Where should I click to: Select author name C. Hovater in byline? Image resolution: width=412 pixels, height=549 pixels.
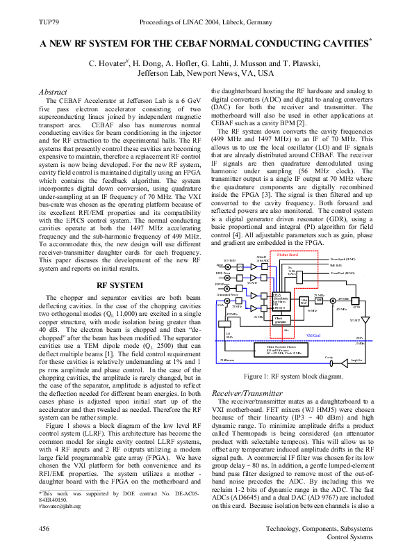coord(110,63)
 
